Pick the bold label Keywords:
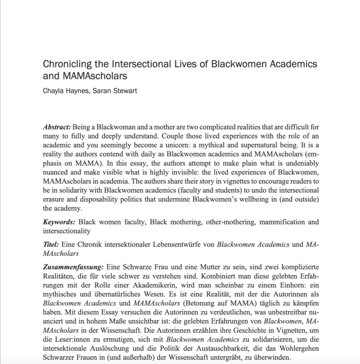tap(59, 222)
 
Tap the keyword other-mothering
tap(208, 222)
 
